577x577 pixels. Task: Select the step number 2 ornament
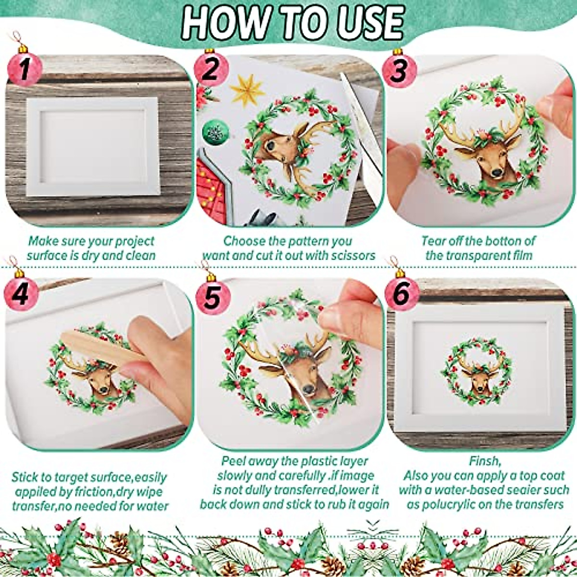(x=210, y=68)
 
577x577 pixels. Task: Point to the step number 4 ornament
(x=20, y=293)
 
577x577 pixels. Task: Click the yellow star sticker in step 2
(x=247, y=90)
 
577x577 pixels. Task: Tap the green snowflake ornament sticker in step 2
(x=212, y=131)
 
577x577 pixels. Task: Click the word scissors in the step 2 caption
(x=352, y=255)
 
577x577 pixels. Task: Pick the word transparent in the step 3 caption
(x=479, y=255)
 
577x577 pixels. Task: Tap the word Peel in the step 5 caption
(x=234, y=461)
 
